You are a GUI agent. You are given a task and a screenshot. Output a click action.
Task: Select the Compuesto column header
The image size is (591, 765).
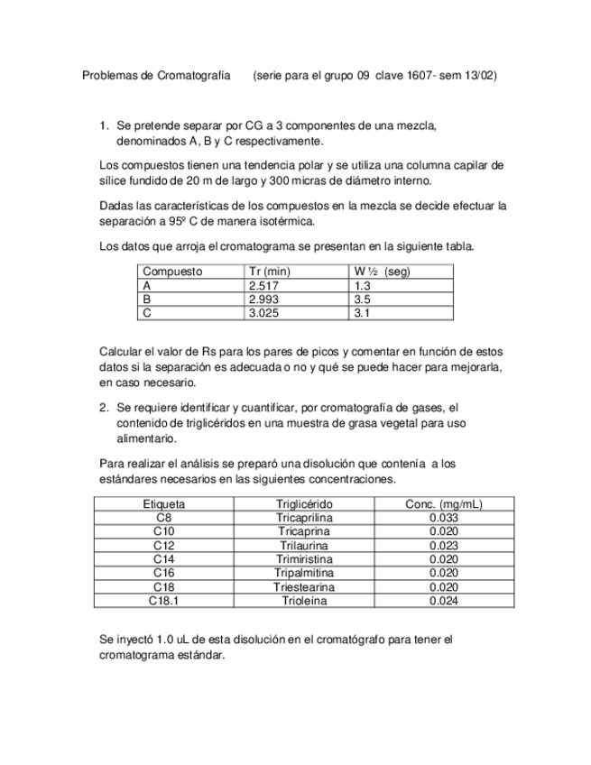(x=172, y=272)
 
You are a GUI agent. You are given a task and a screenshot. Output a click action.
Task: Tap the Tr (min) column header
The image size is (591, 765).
(x=269, y=272)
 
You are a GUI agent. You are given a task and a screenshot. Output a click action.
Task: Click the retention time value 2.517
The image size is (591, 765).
(x=263, y=285)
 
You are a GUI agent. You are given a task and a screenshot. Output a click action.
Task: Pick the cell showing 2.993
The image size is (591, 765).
(x=263, y=300)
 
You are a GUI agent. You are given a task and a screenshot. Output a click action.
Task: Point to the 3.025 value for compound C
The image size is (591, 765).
(x=263, y=313)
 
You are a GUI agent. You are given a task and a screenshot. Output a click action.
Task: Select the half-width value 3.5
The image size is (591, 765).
(x=363, y=300)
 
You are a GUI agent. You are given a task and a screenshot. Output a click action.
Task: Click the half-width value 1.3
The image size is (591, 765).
(x=363, y=285)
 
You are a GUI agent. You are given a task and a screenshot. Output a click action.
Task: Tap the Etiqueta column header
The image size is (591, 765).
(x=164, y=504)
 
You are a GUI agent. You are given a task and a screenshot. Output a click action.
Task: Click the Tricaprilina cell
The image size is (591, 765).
(x=304, y=518)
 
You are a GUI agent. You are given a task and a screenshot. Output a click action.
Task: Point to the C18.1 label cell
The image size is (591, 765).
(x=164, y=600)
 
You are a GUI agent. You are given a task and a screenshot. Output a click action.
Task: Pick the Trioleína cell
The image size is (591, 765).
(x=304, y=600)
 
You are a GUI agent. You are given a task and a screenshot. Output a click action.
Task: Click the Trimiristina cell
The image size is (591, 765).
(x=304, y=559)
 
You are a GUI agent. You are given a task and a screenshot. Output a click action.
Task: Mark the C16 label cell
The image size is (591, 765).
(x=164, y=573)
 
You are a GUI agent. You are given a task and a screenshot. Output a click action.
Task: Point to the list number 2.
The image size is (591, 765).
(x=104, y=408)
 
